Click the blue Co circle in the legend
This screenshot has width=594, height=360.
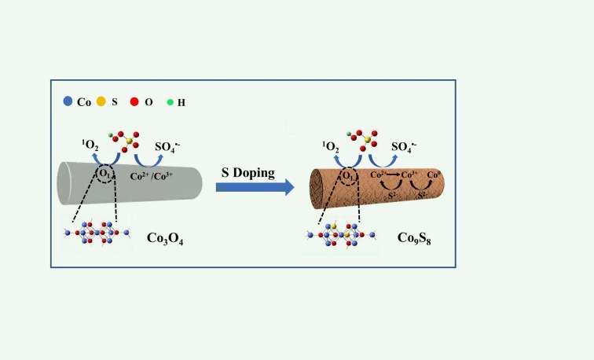tap(68, 101)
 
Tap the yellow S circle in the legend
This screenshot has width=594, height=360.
tap(101, 101)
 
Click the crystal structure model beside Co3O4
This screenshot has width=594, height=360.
tap(97, 233)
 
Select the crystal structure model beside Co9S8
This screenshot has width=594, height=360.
tap(340, 235)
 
